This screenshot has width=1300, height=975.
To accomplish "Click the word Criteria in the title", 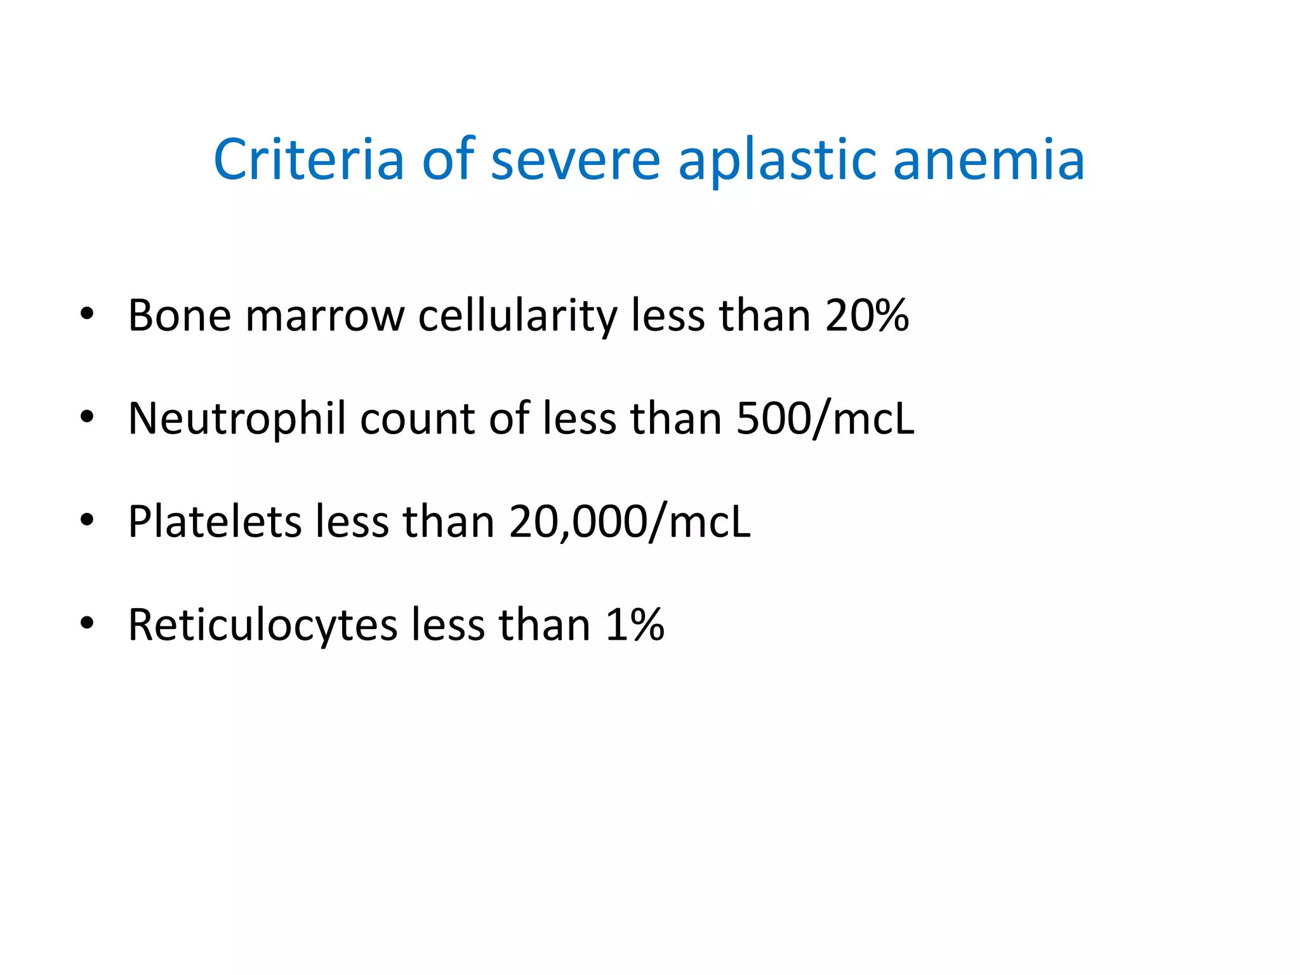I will pyautogui.click(x=308, y=159).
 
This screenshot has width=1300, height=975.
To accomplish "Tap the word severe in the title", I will pyautogui.click(x=576, y=159).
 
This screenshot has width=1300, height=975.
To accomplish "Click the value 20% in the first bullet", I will pyautogui.click(x=867, y=315).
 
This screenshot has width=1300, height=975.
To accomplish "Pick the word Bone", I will pyautogui.click(x=180, y=315).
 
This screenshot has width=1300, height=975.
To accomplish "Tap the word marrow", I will pyautogui.click(x=324, y=315).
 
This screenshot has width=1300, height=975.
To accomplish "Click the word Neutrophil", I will pyautogui.click(x=237, y=418).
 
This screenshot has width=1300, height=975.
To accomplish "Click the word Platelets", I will pyautogui.click(x=215, y=521).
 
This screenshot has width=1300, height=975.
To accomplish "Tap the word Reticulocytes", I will pyautogui.click(x=262, y=625).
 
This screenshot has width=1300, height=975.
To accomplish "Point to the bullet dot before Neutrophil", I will pyautogui.click(x=87, y=417).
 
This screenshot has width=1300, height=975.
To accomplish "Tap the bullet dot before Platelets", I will pyautogui.click(x=87, y=521).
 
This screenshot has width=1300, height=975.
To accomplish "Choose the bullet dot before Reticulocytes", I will pyautogui.click(x=87, y=623).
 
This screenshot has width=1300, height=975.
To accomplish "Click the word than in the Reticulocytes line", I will pyautogui.click(x=545, y=625).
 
